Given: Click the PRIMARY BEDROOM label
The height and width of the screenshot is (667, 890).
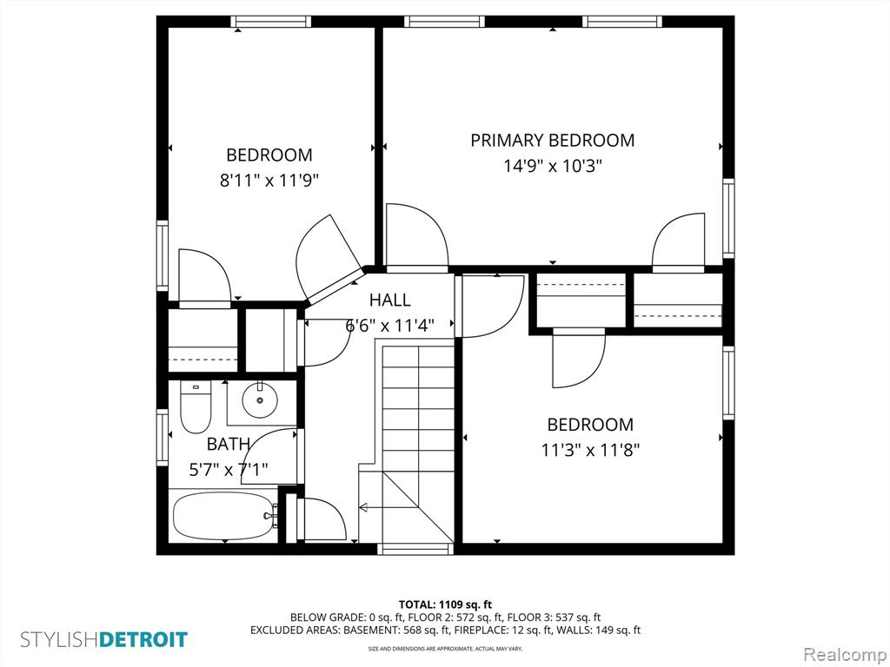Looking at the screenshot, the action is pos(552,140).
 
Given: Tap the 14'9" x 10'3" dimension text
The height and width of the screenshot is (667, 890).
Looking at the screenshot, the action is pos(552,166).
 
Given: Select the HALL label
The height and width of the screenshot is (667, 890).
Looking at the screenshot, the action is pos(390,300).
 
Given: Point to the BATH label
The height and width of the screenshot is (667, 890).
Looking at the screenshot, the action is pos(229,444).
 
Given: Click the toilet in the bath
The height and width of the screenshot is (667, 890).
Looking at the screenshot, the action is pos(196,406).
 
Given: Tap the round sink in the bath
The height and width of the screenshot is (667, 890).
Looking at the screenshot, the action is pos(260,400).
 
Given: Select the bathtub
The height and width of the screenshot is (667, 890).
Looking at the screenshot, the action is pos(225,516).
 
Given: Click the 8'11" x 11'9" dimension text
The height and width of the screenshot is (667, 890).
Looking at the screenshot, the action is pos(269,181).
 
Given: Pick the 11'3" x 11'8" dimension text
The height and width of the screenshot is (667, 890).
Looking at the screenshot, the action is pos(590,451).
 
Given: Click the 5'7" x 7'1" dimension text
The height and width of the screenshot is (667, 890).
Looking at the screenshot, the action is pos(229,470).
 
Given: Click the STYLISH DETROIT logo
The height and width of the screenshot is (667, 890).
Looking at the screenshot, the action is pos(104,639).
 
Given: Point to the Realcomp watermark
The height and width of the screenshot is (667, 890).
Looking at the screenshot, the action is pos(845,654).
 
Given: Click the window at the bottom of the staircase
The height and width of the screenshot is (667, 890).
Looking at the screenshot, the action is pos(416,549).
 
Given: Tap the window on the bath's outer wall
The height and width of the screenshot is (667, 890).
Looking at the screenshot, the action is pos(163,438).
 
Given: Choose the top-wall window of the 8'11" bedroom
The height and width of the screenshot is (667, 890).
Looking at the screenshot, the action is pos(271,22).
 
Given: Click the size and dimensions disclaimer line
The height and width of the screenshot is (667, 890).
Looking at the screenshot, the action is pos(445,648).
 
